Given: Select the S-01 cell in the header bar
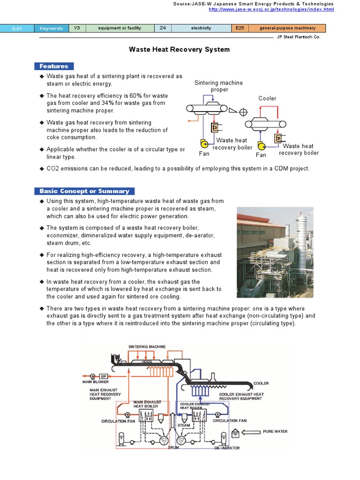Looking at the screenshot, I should (x=17, y=28).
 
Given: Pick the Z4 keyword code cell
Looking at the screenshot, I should (x=163, y=28).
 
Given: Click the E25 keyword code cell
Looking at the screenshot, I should (x=239, y=28).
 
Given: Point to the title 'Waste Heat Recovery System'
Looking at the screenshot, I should (x=180, y=49).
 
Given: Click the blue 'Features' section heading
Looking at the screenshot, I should (x=54, y=66).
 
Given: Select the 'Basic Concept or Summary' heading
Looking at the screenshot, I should (x=84, y=191).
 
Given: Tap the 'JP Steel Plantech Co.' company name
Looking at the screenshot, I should (x=299, y=37).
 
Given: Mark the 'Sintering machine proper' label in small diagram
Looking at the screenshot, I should (x=219, y=86).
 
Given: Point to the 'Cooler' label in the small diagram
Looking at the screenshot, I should (x=267, y=98).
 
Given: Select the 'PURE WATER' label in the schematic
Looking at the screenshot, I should (x=276, y=432).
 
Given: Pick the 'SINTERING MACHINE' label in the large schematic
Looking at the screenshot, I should (x=147, y=347).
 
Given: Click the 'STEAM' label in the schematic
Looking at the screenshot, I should (x=183, y=425).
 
